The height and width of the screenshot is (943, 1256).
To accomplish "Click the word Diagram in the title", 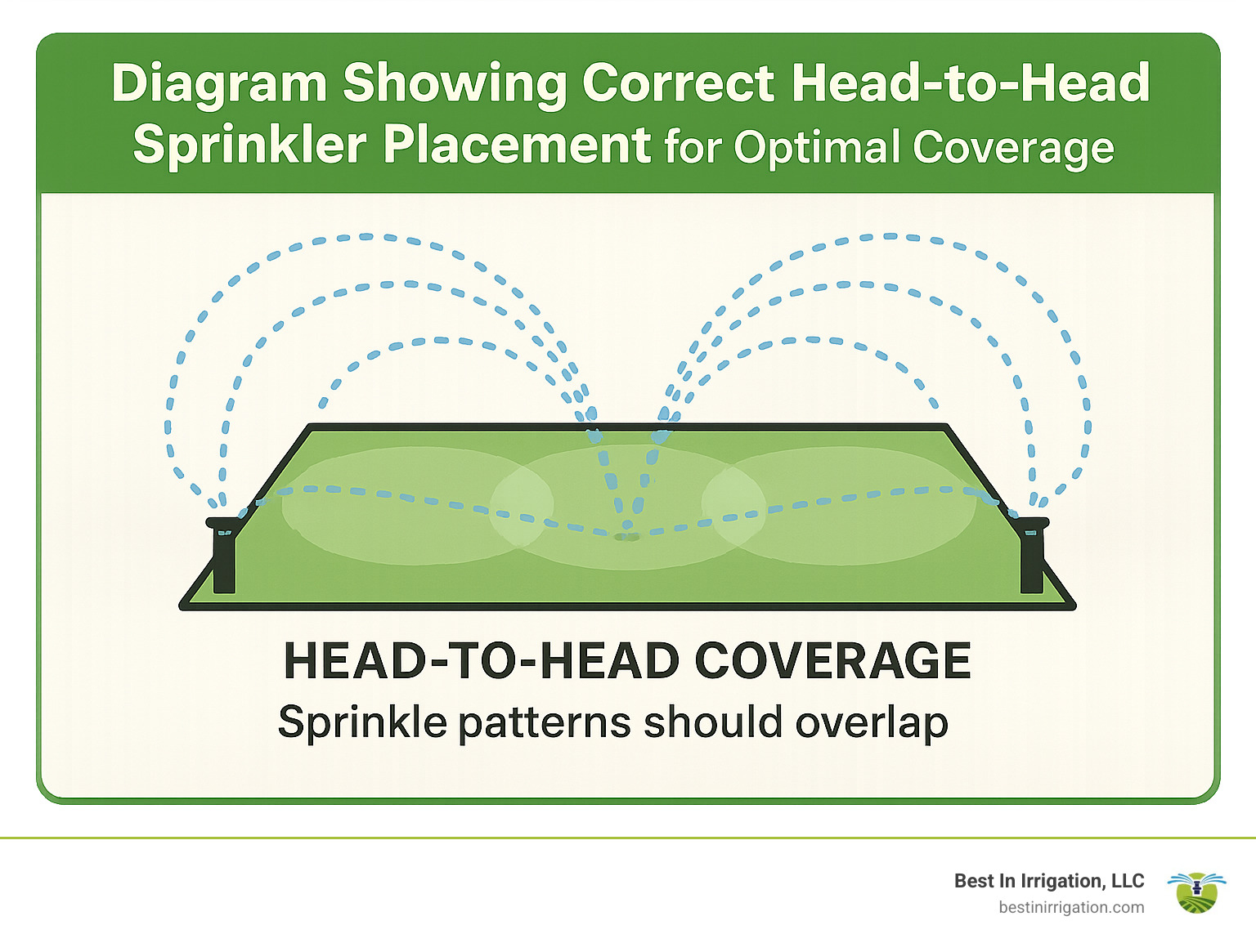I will pos(219,83).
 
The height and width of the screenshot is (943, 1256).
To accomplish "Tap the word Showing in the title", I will pos(454,83).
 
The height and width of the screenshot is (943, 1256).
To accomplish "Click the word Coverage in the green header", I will pos(1013,148).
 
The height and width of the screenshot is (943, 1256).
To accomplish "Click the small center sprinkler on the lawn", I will pos(626,535).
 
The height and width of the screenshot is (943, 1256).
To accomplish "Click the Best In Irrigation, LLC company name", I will pos(1049,881).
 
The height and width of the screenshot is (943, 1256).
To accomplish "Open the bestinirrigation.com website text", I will pos(1071,907).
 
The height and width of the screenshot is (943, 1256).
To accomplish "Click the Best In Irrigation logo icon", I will pos(1196,892).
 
